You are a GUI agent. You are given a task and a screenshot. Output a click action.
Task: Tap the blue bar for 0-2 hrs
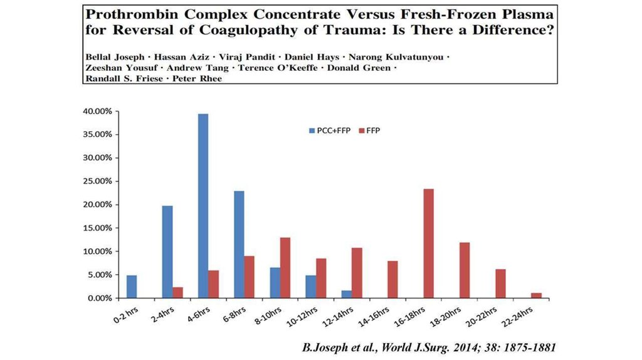click(132, 287)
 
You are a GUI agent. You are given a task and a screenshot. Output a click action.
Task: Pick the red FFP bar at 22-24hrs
click(536, 295)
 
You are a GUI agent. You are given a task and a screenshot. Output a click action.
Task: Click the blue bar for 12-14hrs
click(347, 294)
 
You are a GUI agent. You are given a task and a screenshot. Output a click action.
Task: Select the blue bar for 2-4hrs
click(167, 251)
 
